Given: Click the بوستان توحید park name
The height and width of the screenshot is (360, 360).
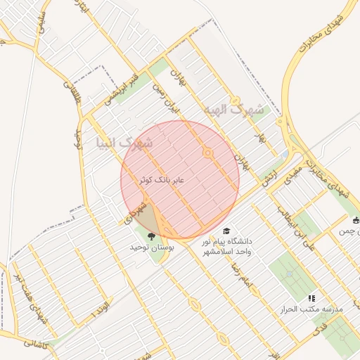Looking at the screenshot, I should point(151,248).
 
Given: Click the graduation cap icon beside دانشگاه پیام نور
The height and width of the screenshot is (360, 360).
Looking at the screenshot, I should point(226,231).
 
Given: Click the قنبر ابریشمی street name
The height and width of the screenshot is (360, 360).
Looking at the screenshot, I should point(120,86).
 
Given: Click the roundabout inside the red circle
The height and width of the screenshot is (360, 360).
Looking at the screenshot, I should point(207,153).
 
